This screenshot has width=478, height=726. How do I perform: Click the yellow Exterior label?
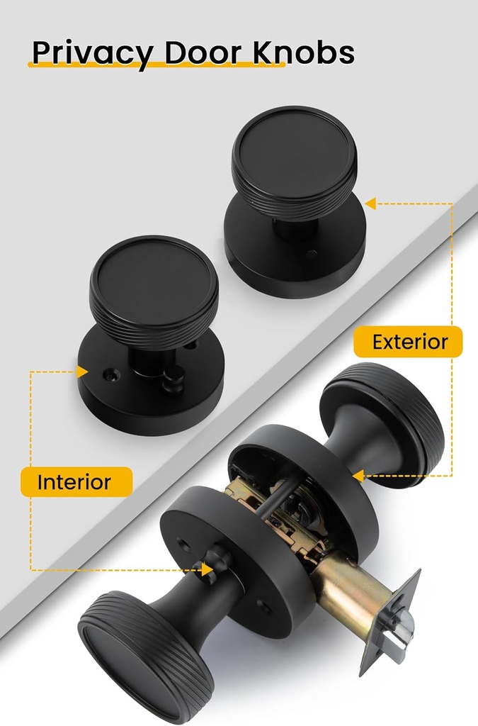[410, 342]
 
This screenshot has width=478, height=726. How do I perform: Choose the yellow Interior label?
[74, 482]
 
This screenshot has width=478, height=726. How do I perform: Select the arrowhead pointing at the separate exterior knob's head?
[370, 204]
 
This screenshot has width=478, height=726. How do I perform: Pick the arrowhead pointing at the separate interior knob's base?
[82, 372]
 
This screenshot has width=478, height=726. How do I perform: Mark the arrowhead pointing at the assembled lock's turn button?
[207, 569]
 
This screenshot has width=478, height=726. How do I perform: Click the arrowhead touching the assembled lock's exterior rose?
[358, 475]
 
